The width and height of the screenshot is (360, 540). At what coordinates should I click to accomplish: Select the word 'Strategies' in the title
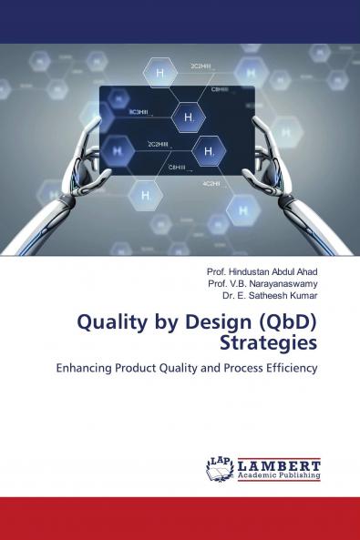pyautogui.click(x=269, y=343)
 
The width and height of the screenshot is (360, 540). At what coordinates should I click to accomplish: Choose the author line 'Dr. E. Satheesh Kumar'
pyautogui.click(x=270, y=294)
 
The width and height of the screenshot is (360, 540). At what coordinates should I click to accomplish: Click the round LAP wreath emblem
pyautogui.click(x=220, y=467)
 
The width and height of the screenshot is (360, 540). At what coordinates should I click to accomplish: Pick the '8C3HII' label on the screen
pyautogui.click(x=139, y=110)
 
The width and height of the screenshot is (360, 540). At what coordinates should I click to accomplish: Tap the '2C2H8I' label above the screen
pyautogui.click(x=201, y=66)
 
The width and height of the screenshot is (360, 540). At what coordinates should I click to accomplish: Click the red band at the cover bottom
pyautogui.click(x=180, y=518)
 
